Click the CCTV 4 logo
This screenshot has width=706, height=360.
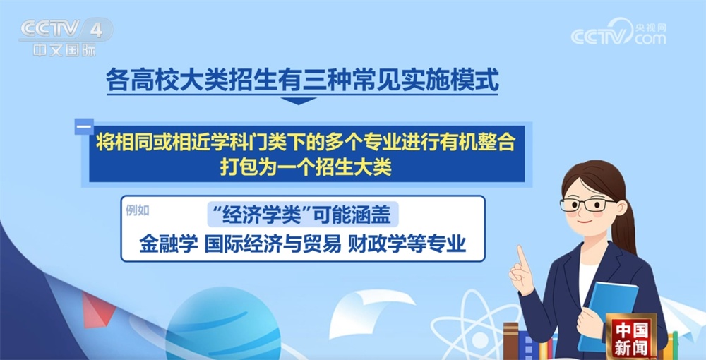(x=64, y=30)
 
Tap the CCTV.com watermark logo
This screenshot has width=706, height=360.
(x=618, y=33)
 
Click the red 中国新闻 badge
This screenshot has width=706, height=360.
(x=631, y=337)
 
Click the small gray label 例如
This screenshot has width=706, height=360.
(x=138, y=210)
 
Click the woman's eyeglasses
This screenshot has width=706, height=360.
(x=587, y=205)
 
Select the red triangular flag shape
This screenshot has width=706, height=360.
(x=92, y=311)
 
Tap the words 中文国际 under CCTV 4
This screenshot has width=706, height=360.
(x=64, y=51)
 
